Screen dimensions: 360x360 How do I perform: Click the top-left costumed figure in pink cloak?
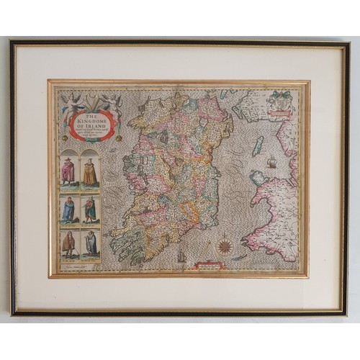pos(68,171)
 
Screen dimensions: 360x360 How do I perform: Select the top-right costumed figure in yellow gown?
pos(90,171)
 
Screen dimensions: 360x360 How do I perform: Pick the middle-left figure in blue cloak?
pos(68,210)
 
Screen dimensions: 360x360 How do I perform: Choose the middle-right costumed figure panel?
pos(90,210)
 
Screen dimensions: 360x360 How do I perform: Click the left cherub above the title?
pos(72,102)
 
